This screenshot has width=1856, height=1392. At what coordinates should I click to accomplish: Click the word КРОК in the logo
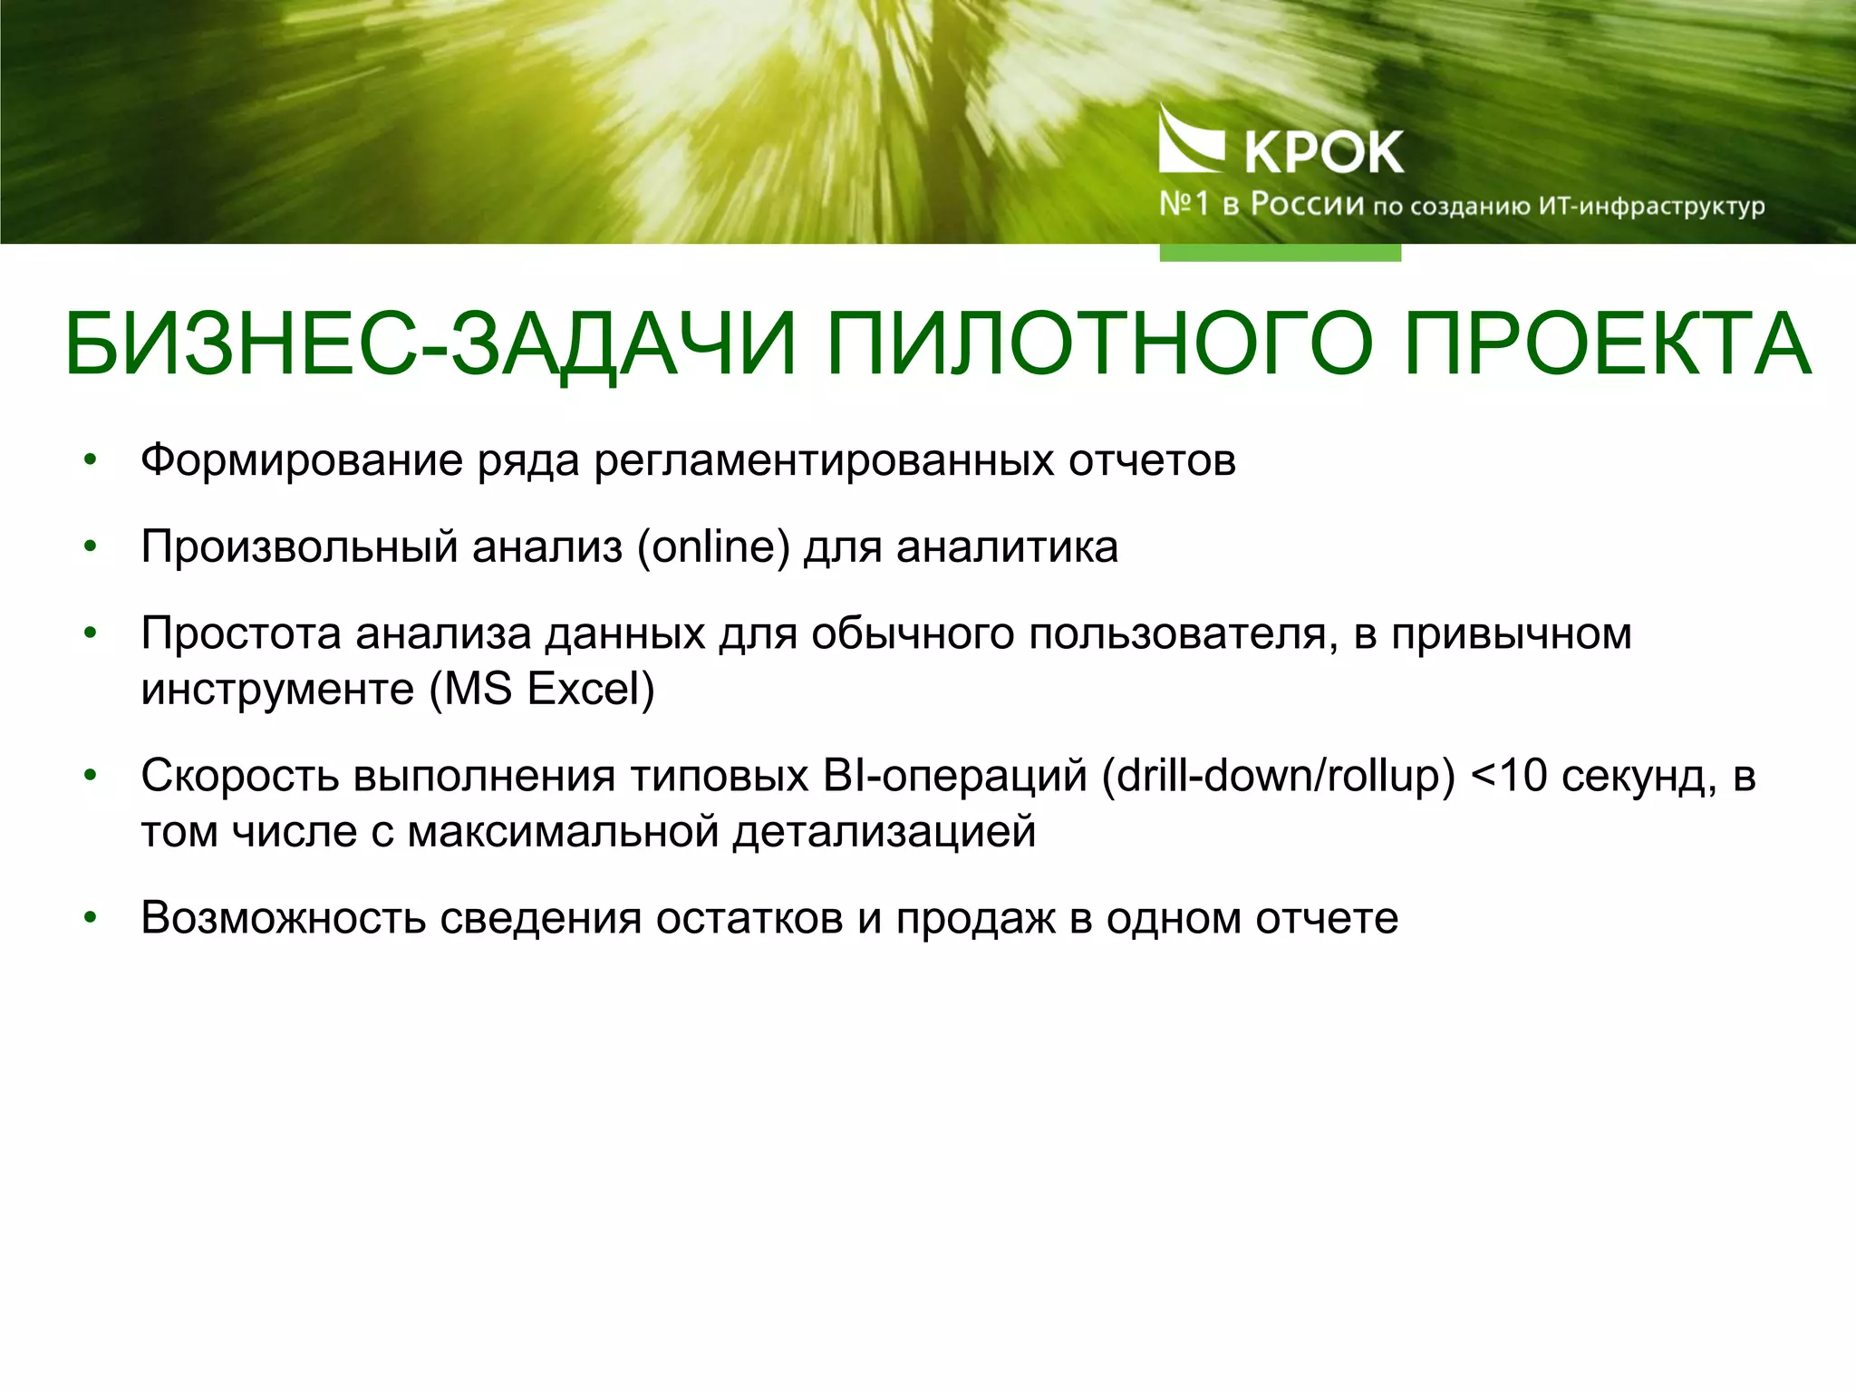(x=1324, y=152)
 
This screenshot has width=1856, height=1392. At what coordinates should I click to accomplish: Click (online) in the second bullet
(x=713, y=547)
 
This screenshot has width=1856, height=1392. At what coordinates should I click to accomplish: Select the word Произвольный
(x=299, y=547)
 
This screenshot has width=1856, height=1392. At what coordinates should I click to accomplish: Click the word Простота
(x=241, y=633)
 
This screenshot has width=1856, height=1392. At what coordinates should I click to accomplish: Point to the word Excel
(x=590, y=690)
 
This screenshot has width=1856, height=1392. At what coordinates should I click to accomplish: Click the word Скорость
(x=240, y=776)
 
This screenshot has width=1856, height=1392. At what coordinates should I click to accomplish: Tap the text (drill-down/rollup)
(x=1278, y=776)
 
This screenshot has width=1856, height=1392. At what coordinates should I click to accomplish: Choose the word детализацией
(x=884, y=832)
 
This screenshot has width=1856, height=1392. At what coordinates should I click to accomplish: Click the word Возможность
(x=284, y=918)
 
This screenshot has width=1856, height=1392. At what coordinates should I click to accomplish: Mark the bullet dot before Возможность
(x=90, y=918)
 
